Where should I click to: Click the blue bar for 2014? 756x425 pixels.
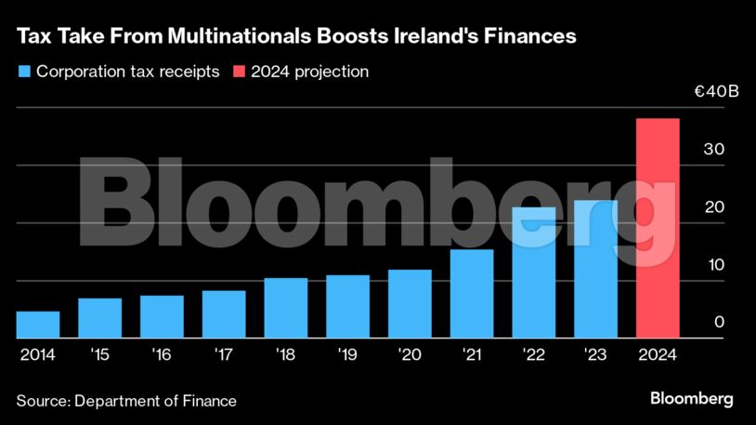pos(38,325)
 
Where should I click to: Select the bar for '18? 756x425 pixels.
pos(285,308)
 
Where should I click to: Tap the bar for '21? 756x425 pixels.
pos(471,294)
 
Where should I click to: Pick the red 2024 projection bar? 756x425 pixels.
pos(658,228)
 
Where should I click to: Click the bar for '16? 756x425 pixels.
pos(162,317)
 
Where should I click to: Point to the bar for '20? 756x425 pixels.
pos(410,304)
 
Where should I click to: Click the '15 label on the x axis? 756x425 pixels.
pos(99,354)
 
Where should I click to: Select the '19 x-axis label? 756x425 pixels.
pos(347,354)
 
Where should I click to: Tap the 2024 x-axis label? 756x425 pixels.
pos(658,354)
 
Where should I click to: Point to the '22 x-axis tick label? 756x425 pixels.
pos(533,354)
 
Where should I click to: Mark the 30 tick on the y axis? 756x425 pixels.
pos(713,150)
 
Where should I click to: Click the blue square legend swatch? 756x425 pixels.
pos(23,72)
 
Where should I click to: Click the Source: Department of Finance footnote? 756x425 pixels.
pos(126,401)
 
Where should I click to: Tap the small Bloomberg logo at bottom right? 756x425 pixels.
pos(691,399)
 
